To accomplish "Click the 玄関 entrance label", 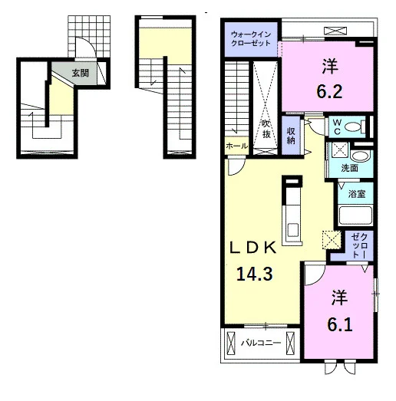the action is click(80, 73).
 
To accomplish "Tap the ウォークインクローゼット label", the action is click(251, 38).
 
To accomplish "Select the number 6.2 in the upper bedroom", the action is click(329, 92).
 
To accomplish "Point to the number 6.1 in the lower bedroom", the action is click(339, 325).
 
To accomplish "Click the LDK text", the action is click(253, 248).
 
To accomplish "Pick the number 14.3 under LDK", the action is click(255, 274).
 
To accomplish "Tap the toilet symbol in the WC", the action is click(355, 127).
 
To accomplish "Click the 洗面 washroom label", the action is click(349, 168).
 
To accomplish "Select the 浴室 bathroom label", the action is click(356, 194).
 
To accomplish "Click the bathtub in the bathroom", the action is click(355, 215).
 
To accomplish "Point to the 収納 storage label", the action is click(291, 136).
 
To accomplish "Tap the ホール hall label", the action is click(237, 146).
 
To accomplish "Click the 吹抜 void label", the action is click(266, 130).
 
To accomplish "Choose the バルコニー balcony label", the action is click(261, 343).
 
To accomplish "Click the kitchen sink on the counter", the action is click(292, 230).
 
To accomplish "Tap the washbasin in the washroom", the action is click(360, 156).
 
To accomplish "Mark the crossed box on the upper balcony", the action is click(335, 31).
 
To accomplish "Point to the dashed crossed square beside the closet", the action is click(332, 240).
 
